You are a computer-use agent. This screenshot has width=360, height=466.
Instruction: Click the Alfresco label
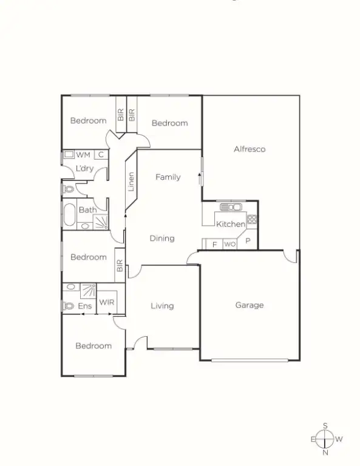pyautogui.click(x=250, y=149)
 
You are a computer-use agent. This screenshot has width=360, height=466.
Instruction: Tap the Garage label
pyautogui.click(x=250, y=305)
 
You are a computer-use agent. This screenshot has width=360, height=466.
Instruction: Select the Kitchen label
pyautogui.click(x=231, y=224)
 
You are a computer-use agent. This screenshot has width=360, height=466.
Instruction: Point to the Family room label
pyautogui.click(x=168, y=177)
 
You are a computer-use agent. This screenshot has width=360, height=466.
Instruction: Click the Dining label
pyautogui.click(x=162, y=238)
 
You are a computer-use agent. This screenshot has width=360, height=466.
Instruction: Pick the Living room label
pyautogui.click(x=162, y=306)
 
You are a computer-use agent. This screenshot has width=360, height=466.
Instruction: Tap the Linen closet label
pyautogui.click(x=131, y=181)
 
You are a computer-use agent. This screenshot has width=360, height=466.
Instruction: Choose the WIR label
pyautogui.click(x=107, y=302)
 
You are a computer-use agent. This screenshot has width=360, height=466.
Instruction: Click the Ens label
pyautogui.click(x=85, y=306)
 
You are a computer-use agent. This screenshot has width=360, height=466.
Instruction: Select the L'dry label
pyautogui.click(x=84, y=168)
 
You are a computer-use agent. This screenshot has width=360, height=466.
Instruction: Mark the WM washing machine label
pyautogui.click(x=83, y=155)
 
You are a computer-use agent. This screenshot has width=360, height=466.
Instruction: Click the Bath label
pyautogui.click(x=87, y=210)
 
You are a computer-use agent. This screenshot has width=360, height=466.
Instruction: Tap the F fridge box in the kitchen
pyautogui.click(x=214, y=244)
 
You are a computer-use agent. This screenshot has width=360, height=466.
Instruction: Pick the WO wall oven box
pyautogui.click(x=229, y=244)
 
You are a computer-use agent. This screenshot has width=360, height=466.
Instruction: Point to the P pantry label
pyautogui.click(x=248, y=241)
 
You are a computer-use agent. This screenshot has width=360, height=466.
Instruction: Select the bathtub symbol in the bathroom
pyautogui.click(x=69, y=215)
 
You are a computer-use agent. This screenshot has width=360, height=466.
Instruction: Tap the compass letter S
pyautogui.click(x=325, y=425)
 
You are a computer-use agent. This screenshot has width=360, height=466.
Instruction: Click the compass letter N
pyautogui.click(x=325, y=452)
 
